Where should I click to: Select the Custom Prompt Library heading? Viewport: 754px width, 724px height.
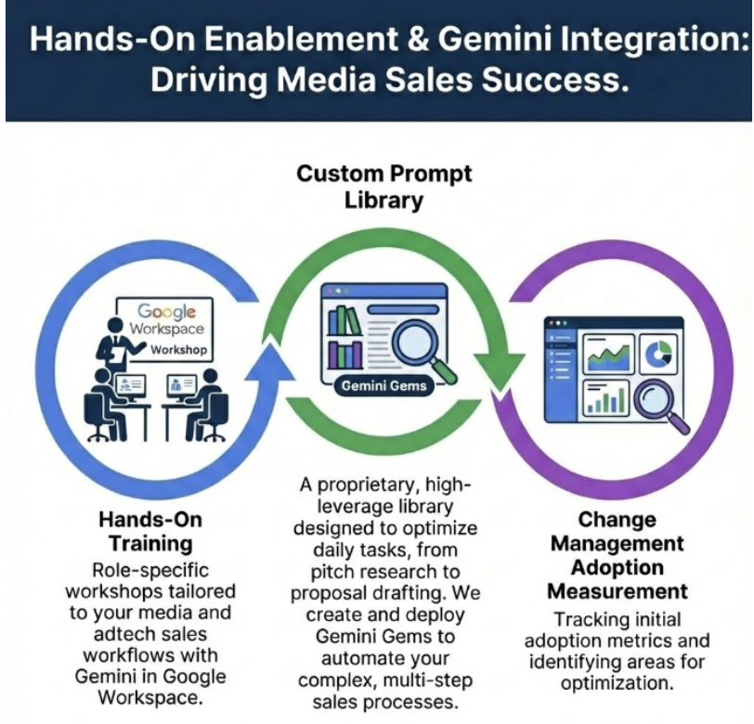tap(383, 187)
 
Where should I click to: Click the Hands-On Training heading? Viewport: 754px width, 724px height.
tap(150, 531)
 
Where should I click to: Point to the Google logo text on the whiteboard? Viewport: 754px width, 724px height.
tap(168, 313)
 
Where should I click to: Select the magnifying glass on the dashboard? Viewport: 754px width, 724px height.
tap(659, 404)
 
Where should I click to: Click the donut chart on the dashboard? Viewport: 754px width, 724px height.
tap(660, 353)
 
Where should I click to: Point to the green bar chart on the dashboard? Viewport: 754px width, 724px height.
tap(605, 401)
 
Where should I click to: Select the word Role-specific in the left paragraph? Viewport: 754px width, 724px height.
tap(151, 569)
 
